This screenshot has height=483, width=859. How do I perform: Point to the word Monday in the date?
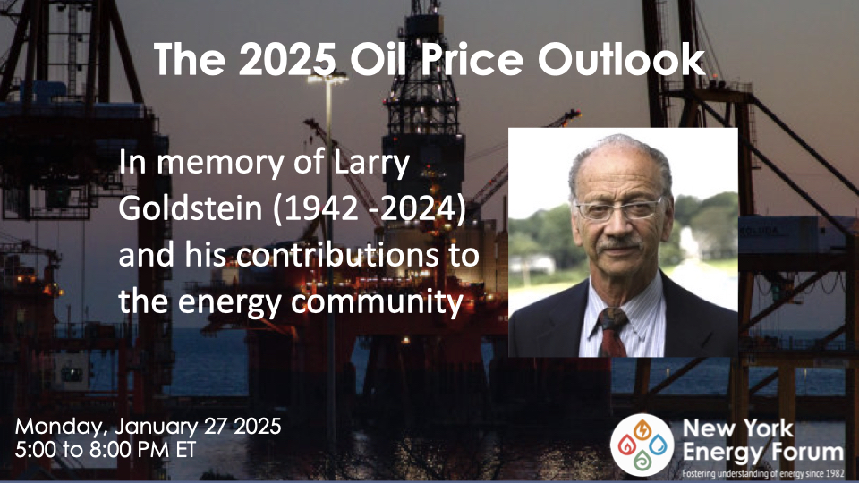tap(55, 425)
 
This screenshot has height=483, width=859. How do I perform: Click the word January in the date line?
tap(153, 425)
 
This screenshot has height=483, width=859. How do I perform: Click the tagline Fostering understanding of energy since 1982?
tap(762, 472)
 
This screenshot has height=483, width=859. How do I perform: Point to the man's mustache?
tap(617, 242)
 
